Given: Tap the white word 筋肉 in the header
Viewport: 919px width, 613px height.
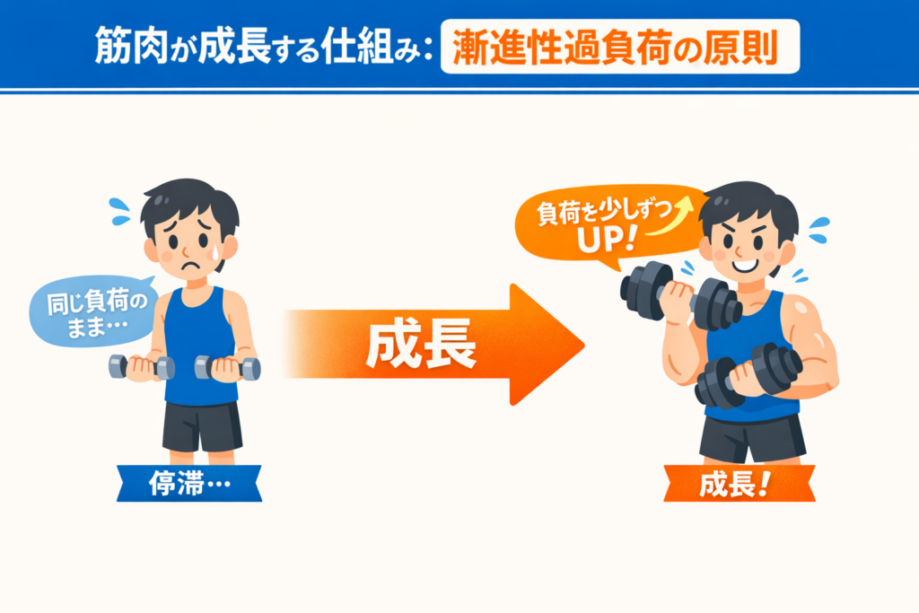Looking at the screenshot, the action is [131, 46].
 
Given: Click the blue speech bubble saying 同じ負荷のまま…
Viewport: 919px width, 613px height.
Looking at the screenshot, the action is [93, 311].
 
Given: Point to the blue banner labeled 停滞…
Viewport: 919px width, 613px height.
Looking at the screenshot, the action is [188, 484].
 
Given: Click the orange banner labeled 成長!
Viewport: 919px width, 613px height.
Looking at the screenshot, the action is [740, 484].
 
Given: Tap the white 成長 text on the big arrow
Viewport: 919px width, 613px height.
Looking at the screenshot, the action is [421, 344].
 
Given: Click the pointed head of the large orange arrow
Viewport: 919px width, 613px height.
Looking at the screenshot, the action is [583, 345].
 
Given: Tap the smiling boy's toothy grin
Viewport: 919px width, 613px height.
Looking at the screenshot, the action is [745, 266].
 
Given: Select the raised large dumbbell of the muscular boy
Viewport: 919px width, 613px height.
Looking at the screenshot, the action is [680, 297].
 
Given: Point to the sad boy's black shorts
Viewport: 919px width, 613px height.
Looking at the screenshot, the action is [202, 426].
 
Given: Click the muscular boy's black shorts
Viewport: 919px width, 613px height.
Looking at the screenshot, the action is [752, 438].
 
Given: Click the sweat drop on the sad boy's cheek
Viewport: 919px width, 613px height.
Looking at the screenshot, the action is [216, 252].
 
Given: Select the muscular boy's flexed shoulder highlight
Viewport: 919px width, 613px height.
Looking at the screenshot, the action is [801, 306].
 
